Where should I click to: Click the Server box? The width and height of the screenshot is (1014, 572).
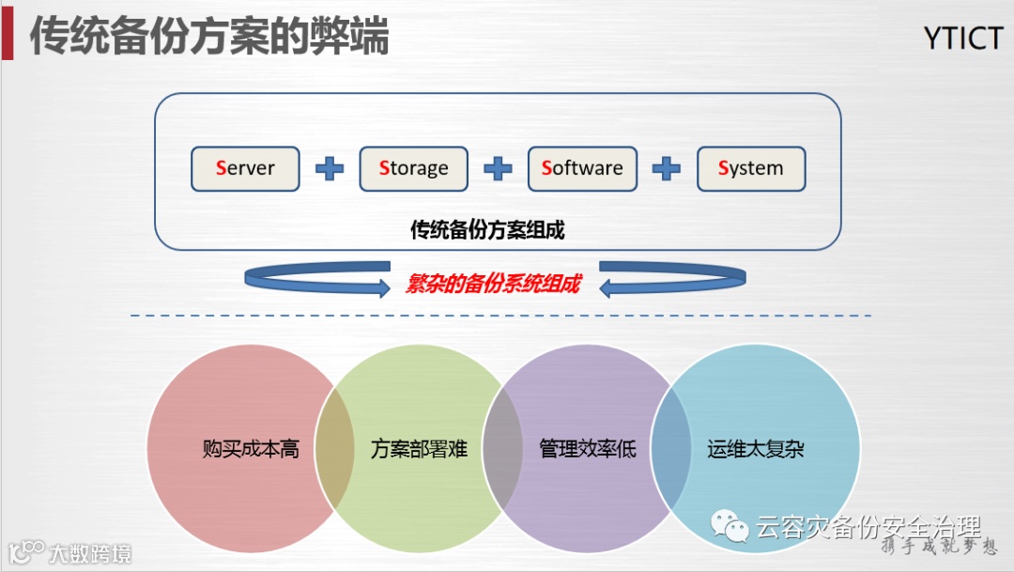pyautogui.click(x=245, y=169)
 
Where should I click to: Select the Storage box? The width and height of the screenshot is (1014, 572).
pyautogui.click(x=413, y=169)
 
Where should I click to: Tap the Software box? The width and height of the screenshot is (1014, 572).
pyautogui.click(x=582, y=169)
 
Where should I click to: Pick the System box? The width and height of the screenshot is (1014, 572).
pyautogui.click(x=751, y=169)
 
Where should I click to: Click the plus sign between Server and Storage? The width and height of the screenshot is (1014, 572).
pyautogui.click(x=329, y=169)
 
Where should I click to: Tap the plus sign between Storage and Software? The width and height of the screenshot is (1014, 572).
pyautogui.click(x=498, y=169)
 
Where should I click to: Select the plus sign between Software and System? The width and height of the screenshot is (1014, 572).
pyautogui.click(x=667, y=169)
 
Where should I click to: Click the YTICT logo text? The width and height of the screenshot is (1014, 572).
pyautogui.click(x=963, y=39)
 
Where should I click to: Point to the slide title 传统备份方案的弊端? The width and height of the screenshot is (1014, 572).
pyautogui.click(x=209, y=37)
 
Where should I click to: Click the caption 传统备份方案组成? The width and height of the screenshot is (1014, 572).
pyautogui.click(x=487, y=229)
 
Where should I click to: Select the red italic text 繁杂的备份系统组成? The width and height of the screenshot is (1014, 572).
pyautogui.click(x=493, y=285)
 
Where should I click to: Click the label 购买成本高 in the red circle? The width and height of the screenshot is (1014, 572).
pyautogui.click(x=251, y=449)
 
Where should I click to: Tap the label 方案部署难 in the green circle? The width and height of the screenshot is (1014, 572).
pyautogui.click(x=419, y=449)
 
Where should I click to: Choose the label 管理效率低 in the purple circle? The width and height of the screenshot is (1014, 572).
pyautogui.click(x=588, y=449)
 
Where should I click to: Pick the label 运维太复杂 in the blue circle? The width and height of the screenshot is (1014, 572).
pyautogui.click(x=756, y=449)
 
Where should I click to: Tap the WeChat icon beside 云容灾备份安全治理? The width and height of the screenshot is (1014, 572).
pyautogui.click(x=730, y=526)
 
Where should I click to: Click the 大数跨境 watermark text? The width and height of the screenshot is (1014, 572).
pyautogui.click(x=90, y=553)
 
